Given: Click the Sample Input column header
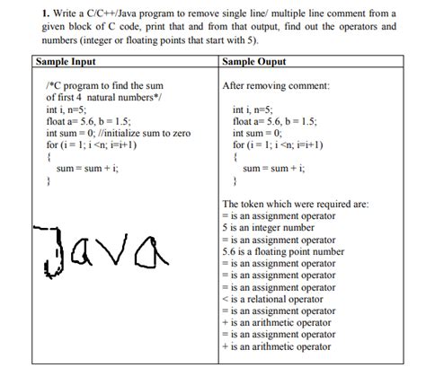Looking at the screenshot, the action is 66,62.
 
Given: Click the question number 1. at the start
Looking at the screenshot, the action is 35,13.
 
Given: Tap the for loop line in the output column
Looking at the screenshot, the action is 278,143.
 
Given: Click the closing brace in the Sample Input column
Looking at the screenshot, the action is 48,179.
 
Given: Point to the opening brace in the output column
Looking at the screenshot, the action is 235,155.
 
